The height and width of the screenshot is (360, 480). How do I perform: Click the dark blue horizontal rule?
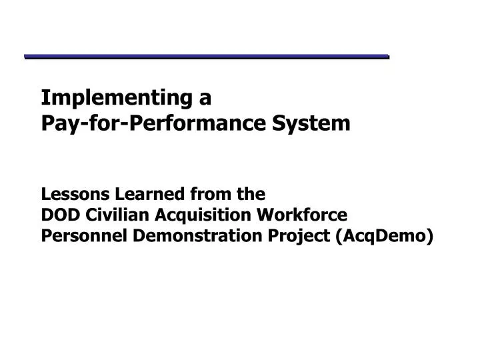coord(207,57)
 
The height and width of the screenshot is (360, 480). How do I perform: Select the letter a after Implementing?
coord(205,99)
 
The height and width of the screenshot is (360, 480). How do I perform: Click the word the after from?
coord(252,194)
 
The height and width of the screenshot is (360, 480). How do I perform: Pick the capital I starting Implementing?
coord(45,98)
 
